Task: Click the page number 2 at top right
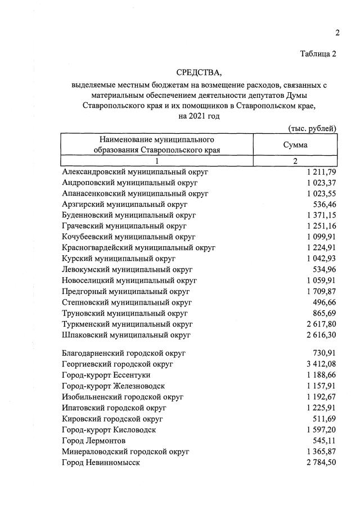click(337, 33)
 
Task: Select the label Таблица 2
click(318, 54)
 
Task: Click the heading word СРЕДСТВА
click(199, 72)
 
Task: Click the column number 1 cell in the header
click(157, 161)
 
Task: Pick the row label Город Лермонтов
click(94, 440)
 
